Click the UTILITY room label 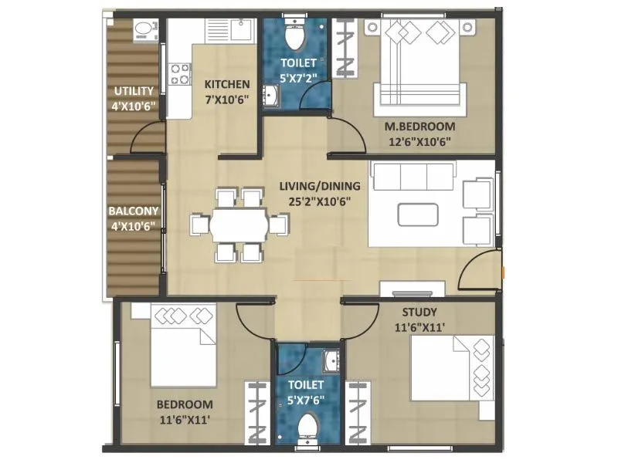point(134,91)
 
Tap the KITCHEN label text point(226,84)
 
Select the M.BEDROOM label point(419,127)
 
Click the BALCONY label point(133,211)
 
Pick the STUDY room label point(419,313)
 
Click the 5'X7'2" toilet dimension point(297,78)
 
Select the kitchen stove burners point(179,74)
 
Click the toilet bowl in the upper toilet point(296,35)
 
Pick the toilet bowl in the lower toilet point(308,428)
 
